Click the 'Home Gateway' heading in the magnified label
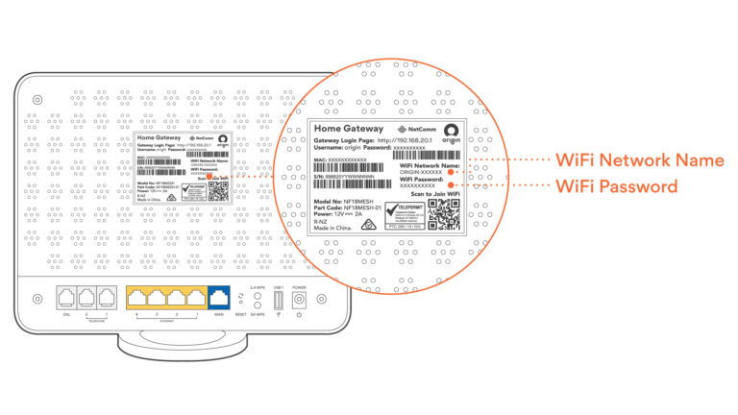click(350, 128)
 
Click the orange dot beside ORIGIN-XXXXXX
click(452, 173)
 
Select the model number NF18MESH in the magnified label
click(367, 201)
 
